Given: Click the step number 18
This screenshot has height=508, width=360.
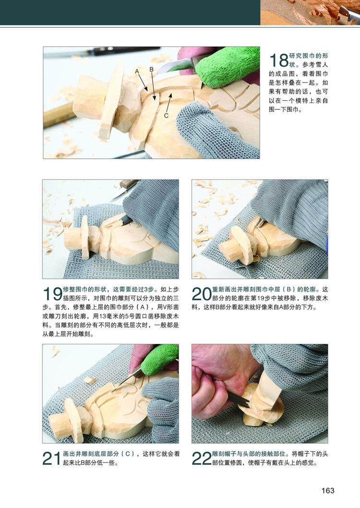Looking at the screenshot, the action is [279, 60].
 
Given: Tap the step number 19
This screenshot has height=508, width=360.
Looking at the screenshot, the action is [52, 294].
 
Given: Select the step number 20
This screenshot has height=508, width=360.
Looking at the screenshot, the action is [202, 294].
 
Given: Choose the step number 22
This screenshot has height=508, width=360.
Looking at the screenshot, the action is [202, 459].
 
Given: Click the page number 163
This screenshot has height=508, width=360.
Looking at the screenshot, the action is [327, 491].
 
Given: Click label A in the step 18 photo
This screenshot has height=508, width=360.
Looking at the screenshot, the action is [137, 71].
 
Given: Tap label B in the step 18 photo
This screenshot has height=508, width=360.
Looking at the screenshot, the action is [152, 70].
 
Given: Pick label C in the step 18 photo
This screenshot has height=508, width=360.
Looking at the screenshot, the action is [166, 116].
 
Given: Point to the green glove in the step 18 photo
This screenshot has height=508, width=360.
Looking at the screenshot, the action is [227, 66].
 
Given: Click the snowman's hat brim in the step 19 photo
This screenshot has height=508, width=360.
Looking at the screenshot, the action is [85, 237].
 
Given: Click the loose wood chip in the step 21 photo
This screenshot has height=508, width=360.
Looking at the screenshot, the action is [89, 380].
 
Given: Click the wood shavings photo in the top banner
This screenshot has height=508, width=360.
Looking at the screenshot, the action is [310, 12].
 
